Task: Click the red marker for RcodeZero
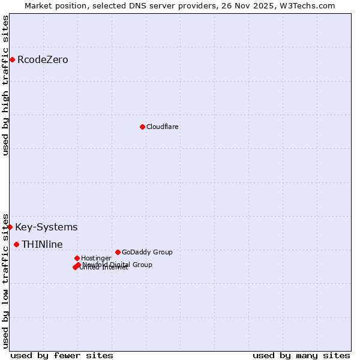click(12, 59)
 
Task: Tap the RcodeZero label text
click(43, 60)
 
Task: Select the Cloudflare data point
click(142, 127)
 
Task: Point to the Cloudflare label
click(162, 127)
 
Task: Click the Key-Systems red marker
click(10, 227)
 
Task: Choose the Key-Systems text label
click(46, 227)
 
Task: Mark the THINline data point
click(16, 244)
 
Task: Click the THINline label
click(42, 244)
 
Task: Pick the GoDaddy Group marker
click(118, 252)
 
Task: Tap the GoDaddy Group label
click(147, 252)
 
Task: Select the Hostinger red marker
click(77, 258)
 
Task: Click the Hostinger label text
click(96, 258)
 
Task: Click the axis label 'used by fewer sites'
click(62, 355)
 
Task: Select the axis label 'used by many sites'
click(301, 355)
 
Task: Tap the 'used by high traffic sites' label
click(5, 85)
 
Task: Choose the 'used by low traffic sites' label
click(5, 280)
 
